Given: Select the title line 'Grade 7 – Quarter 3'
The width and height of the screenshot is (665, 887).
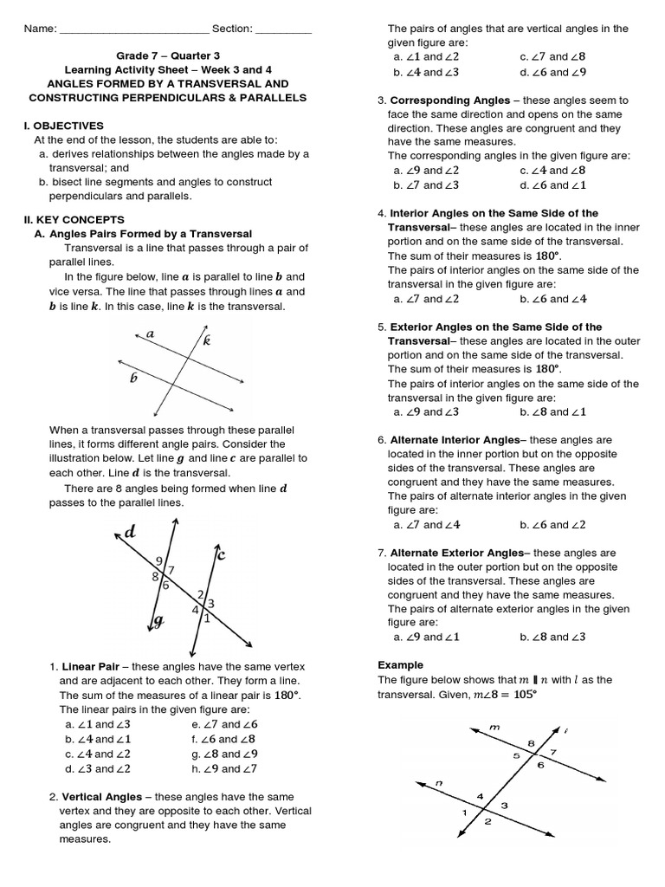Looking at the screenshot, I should point(165,55).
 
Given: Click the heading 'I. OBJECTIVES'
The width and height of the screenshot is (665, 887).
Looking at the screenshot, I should point(63,126).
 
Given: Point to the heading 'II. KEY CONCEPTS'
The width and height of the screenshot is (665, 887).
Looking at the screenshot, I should point(74,219).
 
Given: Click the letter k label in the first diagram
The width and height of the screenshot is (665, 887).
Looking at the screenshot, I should point(207,341).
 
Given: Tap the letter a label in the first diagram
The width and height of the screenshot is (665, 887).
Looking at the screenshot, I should point(150,333).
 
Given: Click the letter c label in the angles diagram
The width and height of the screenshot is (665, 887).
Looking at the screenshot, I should point(221,555).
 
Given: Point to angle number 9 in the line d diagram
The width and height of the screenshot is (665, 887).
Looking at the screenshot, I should point(159,561).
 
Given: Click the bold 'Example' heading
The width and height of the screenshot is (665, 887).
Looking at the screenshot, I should point(400,665).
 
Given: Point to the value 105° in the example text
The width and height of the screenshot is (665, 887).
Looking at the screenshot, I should point(519,695).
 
